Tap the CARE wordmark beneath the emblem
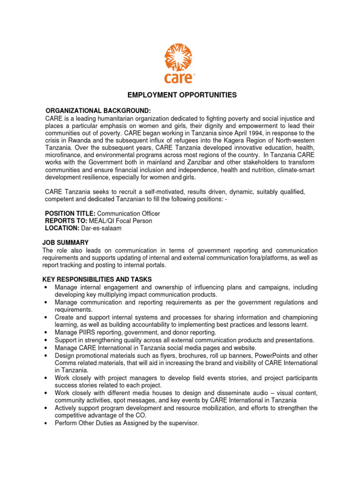179,77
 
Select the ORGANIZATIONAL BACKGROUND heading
98,111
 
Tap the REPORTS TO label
65,221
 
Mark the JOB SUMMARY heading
65,242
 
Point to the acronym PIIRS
88,332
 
